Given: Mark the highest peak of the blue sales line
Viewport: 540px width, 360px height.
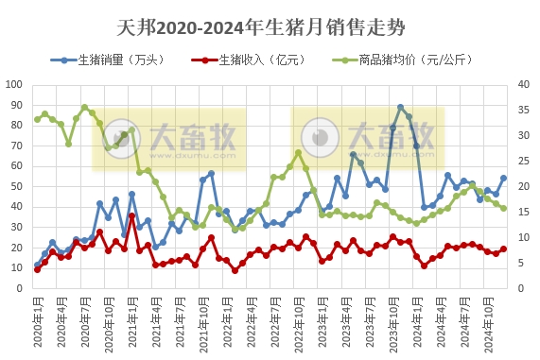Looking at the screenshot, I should pyautogui.click(x=401, y=108).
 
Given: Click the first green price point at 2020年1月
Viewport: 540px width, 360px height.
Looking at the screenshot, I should pyautogui.click(x=37, y=119).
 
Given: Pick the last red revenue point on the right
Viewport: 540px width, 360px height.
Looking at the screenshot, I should pyautogui.click(x=503, y=249).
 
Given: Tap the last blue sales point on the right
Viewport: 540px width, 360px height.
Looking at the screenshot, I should pyautogui.click(x=503, y=178).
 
